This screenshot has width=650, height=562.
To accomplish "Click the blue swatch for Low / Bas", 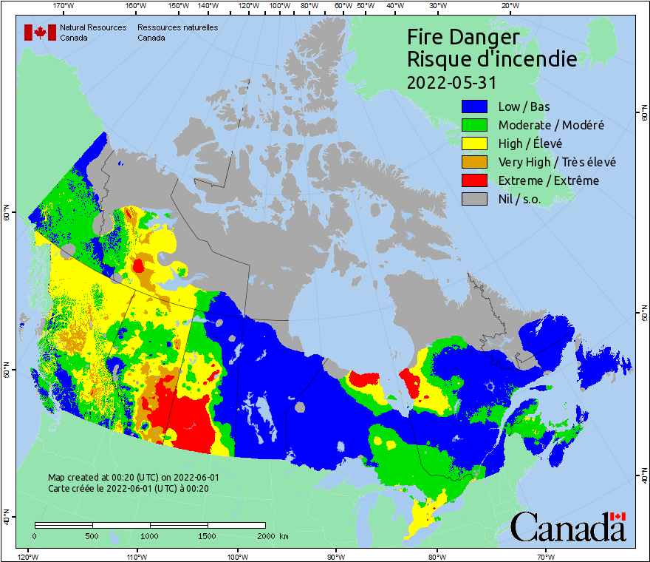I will coord(476,106).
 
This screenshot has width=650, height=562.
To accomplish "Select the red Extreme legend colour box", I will coord(476,180).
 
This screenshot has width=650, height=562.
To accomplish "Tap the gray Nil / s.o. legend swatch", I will coord(476,199).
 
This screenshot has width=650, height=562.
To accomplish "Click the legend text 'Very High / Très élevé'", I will coord(557,162).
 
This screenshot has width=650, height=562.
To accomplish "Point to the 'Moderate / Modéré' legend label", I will coord(551,125).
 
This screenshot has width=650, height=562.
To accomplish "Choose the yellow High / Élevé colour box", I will coord(476,143).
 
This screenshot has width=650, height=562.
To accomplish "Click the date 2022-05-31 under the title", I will coord(451,81).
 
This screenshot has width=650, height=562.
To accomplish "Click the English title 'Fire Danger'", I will coord(463,36).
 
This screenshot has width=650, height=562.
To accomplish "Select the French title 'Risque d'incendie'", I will coord(491,59).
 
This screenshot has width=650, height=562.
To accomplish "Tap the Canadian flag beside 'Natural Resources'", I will coord(40,33).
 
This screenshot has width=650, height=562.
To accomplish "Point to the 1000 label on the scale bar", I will coord(150,535).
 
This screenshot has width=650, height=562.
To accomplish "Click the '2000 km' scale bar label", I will coord(272,535).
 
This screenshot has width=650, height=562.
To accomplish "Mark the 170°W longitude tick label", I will coord(65,6).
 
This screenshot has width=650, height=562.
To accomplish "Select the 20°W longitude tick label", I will coord(508,6).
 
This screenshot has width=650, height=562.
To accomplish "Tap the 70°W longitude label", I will coord(546,556).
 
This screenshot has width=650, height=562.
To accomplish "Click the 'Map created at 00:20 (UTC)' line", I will coord(133,478).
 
